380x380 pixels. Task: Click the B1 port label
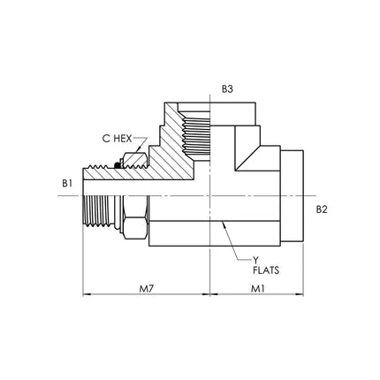[x=67, y=183]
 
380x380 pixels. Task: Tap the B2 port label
[x=322, y=209]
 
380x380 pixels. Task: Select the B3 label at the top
[x=227, y=89]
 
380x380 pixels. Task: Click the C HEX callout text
[x=117, y=139]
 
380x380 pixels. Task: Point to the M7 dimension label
[x=147, y=289]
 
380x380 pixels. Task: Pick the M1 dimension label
[x=258, y=289]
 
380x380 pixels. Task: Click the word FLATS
[x=266, y=270]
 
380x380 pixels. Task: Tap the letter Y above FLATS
[x=255, y=260]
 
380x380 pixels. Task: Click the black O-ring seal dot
[x=118, y=166]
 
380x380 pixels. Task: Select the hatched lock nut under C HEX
[x=135, y=160]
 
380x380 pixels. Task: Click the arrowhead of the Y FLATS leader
[x=224, y=224]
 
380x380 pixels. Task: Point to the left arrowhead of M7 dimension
[x=86, y=294]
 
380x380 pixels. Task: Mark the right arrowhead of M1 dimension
[x=300, y=294]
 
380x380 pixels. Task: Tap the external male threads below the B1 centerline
[x=98, y=210]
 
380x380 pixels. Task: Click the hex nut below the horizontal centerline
[x=135, y=217]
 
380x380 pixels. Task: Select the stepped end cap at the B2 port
[x=292, y=196]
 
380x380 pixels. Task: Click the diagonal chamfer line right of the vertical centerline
[x=247, y=157]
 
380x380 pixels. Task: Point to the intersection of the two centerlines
[x=209, y=195]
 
